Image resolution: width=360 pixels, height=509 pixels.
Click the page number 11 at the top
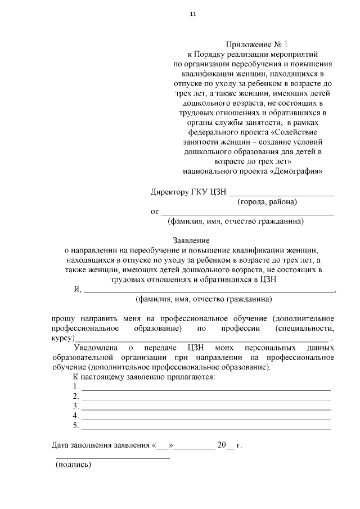193,14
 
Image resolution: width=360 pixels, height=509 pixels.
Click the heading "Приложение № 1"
252,44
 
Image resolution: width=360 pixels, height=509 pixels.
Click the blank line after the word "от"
247,214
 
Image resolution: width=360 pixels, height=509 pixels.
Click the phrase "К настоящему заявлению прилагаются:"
144,376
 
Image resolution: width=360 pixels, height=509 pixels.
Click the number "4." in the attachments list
76,416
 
